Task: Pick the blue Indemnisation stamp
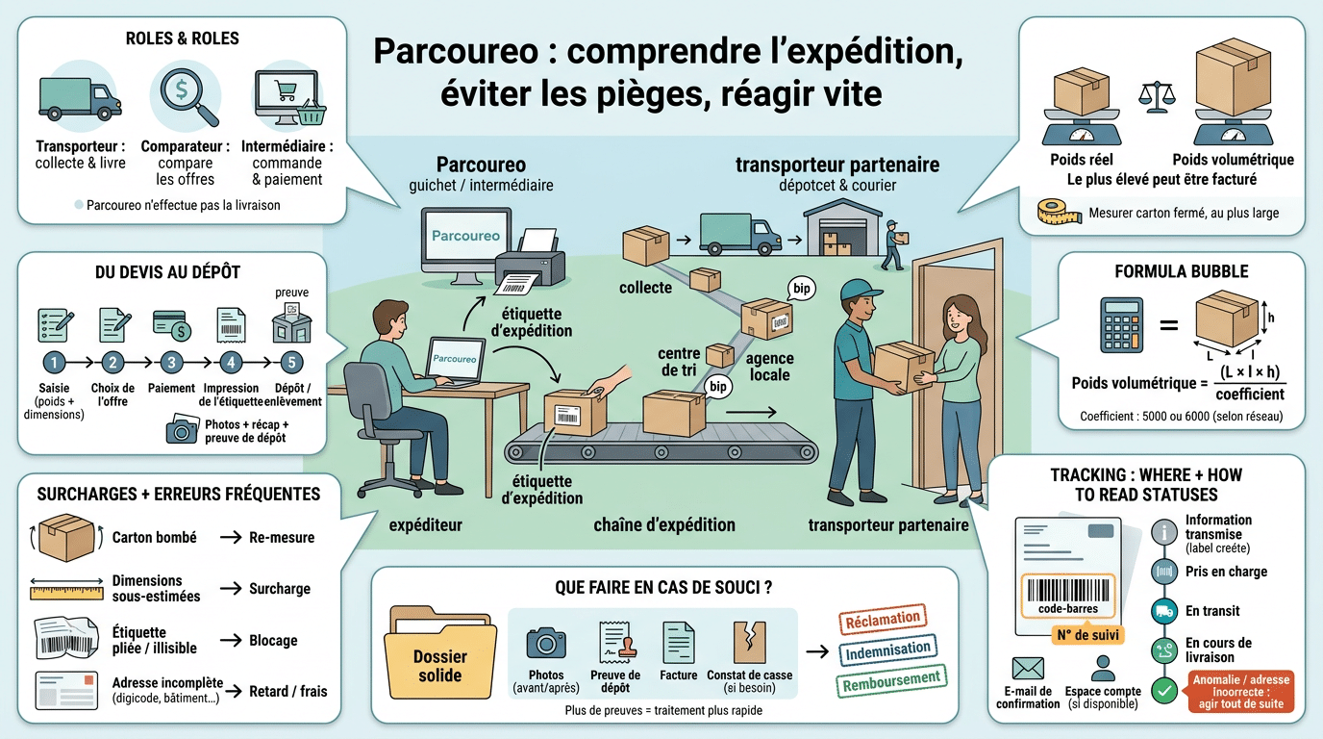(887, 651)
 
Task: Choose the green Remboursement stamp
(890, 681)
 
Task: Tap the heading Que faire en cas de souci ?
(664, 587)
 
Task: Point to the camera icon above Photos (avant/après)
(546, 642)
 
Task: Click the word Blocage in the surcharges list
(273, 640)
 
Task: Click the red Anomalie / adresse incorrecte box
(1241, 691)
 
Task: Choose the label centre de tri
(679, 362)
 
